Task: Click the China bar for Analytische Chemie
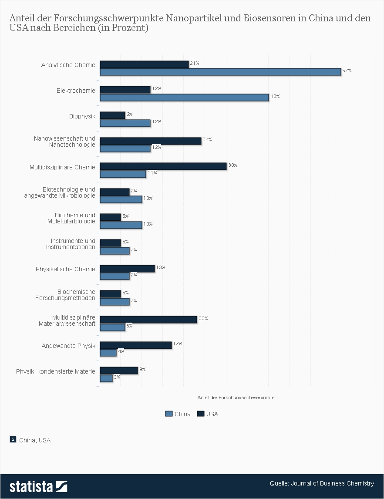point(220,72)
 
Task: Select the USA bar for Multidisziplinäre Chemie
point(163,166)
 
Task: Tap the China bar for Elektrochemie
point(184,98)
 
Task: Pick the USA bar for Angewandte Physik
point(136,345)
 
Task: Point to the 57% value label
point(347,71)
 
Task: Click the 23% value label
point(203,318)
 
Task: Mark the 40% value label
point(275,96)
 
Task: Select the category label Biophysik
point(82,116)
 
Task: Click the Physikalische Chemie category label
point(65,269)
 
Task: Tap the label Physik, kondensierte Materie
point(55,371)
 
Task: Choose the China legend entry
point(178,414)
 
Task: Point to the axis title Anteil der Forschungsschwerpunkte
point(236,398)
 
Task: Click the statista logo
point(38,486)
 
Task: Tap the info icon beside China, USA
point(13,439)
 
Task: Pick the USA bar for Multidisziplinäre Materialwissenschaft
point(148,320)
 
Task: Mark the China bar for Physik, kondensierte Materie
point(106,378)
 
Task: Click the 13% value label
point(161,267)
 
